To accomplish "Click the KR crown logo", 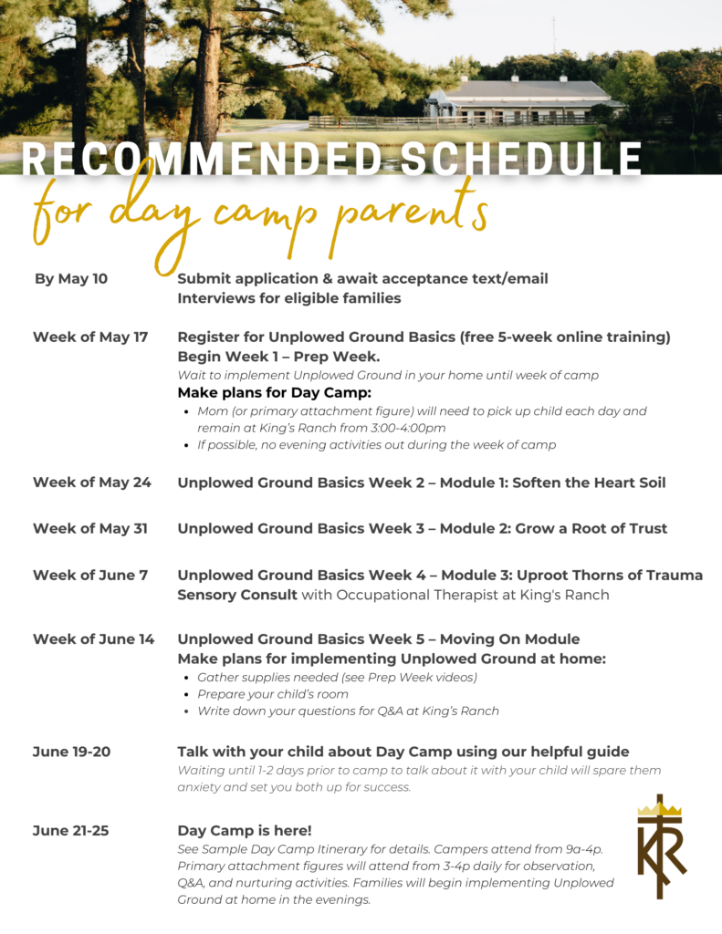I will (661, 846).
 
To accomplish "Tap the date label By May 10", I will (71, 278).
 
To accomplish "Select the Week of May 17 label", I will (90, 337).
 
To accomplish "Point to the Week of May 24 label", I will (92, 482).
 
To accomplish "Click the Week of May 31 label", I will (90, 528).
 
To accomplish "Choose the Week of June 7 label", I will (89, 575).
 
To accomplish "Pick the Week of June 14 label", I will (94, 638).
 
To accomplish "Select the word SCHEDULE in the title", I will (521, 159).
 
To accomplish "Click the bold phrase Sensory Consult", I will (237, 595).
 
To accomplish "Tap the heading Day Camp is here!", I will (245, 830).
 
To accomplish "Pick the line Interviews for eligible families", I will (288, 298).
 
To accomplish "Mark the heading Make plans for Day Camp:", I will (274, 393).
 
